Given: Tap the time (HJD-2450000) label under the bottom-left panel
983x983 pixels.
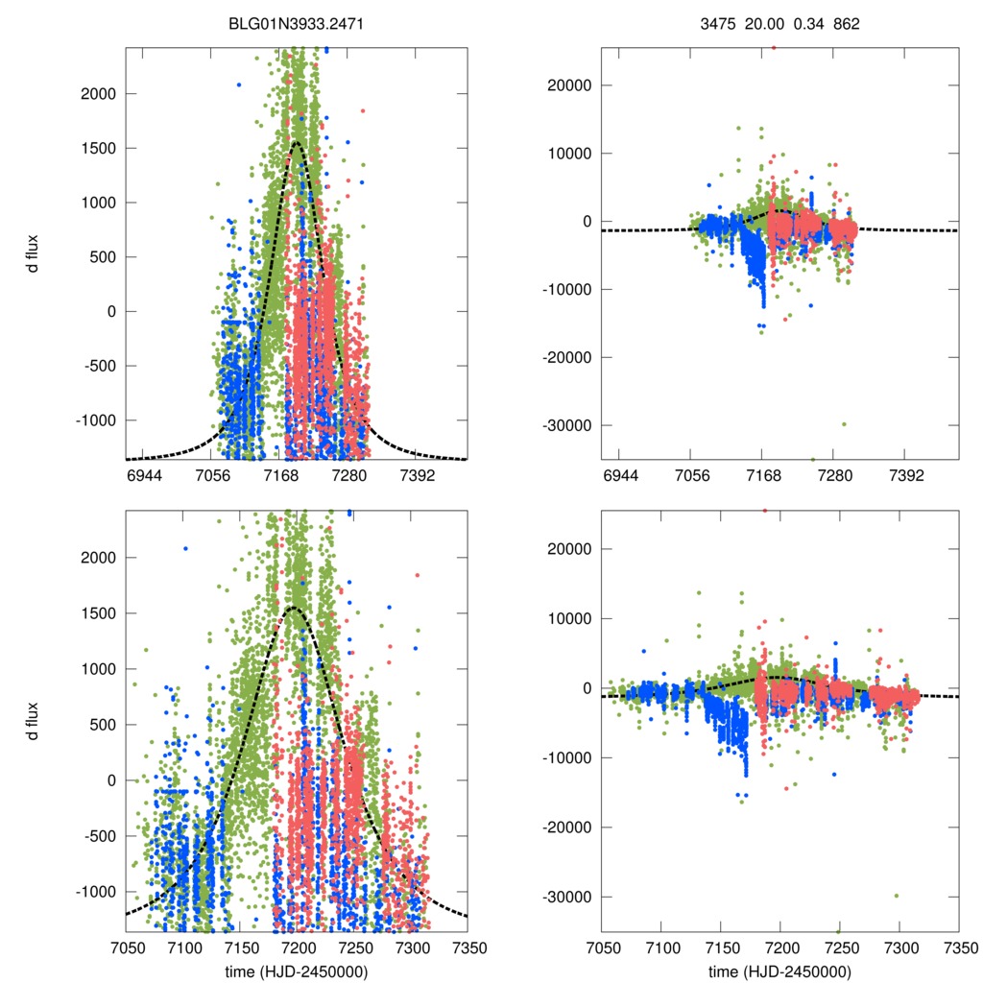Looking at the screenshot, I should point(295,971).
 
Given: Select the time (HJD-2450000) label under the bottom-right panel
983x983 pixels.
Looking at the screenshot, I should point(779,971).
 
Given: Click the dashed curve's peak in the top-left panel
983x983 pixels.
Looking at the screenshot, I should point(297,142).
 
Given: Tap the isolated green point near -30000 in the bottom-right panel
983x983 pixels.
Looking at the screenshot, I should point(897,896).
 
